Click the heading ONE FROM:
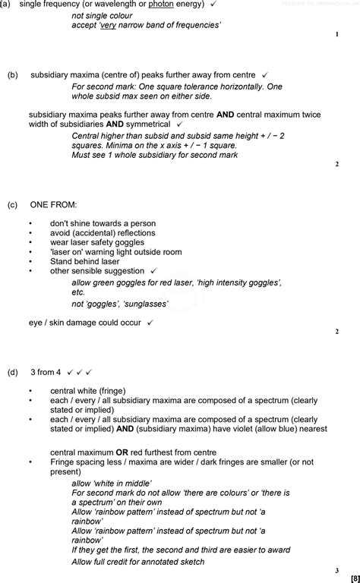[x=53, y=205]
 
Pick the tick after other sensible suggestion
[x=153, y=270]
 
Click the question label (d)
[x=12, y=373]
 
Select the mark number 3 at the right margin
[x=336, y=569]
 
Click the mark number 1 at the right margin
[x=336, y=34]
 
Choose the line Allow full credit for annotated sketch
[x=137, y=562]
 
